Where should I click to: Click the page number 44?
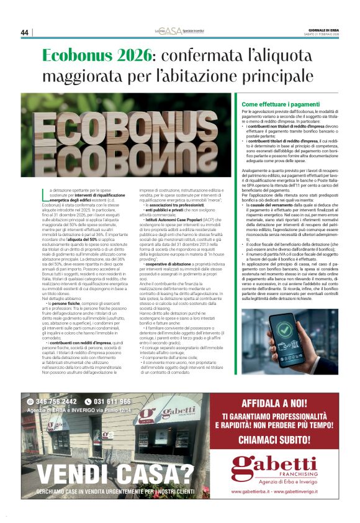[25, 32]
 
